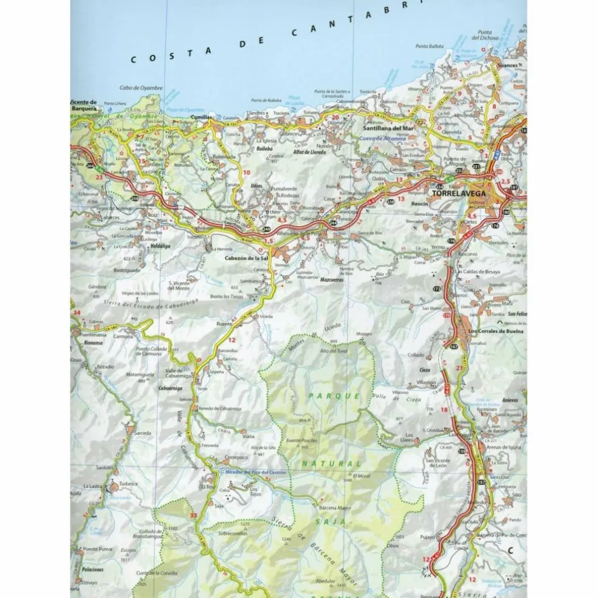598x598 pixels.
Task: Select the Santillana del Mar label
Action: (387, 129)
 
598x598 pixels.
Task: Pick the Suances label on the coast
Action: (507, 64)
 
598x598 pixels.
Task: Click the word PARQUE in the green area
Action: (327, 396)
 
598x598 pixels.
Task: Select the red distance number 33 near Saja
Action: (193, 515)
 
